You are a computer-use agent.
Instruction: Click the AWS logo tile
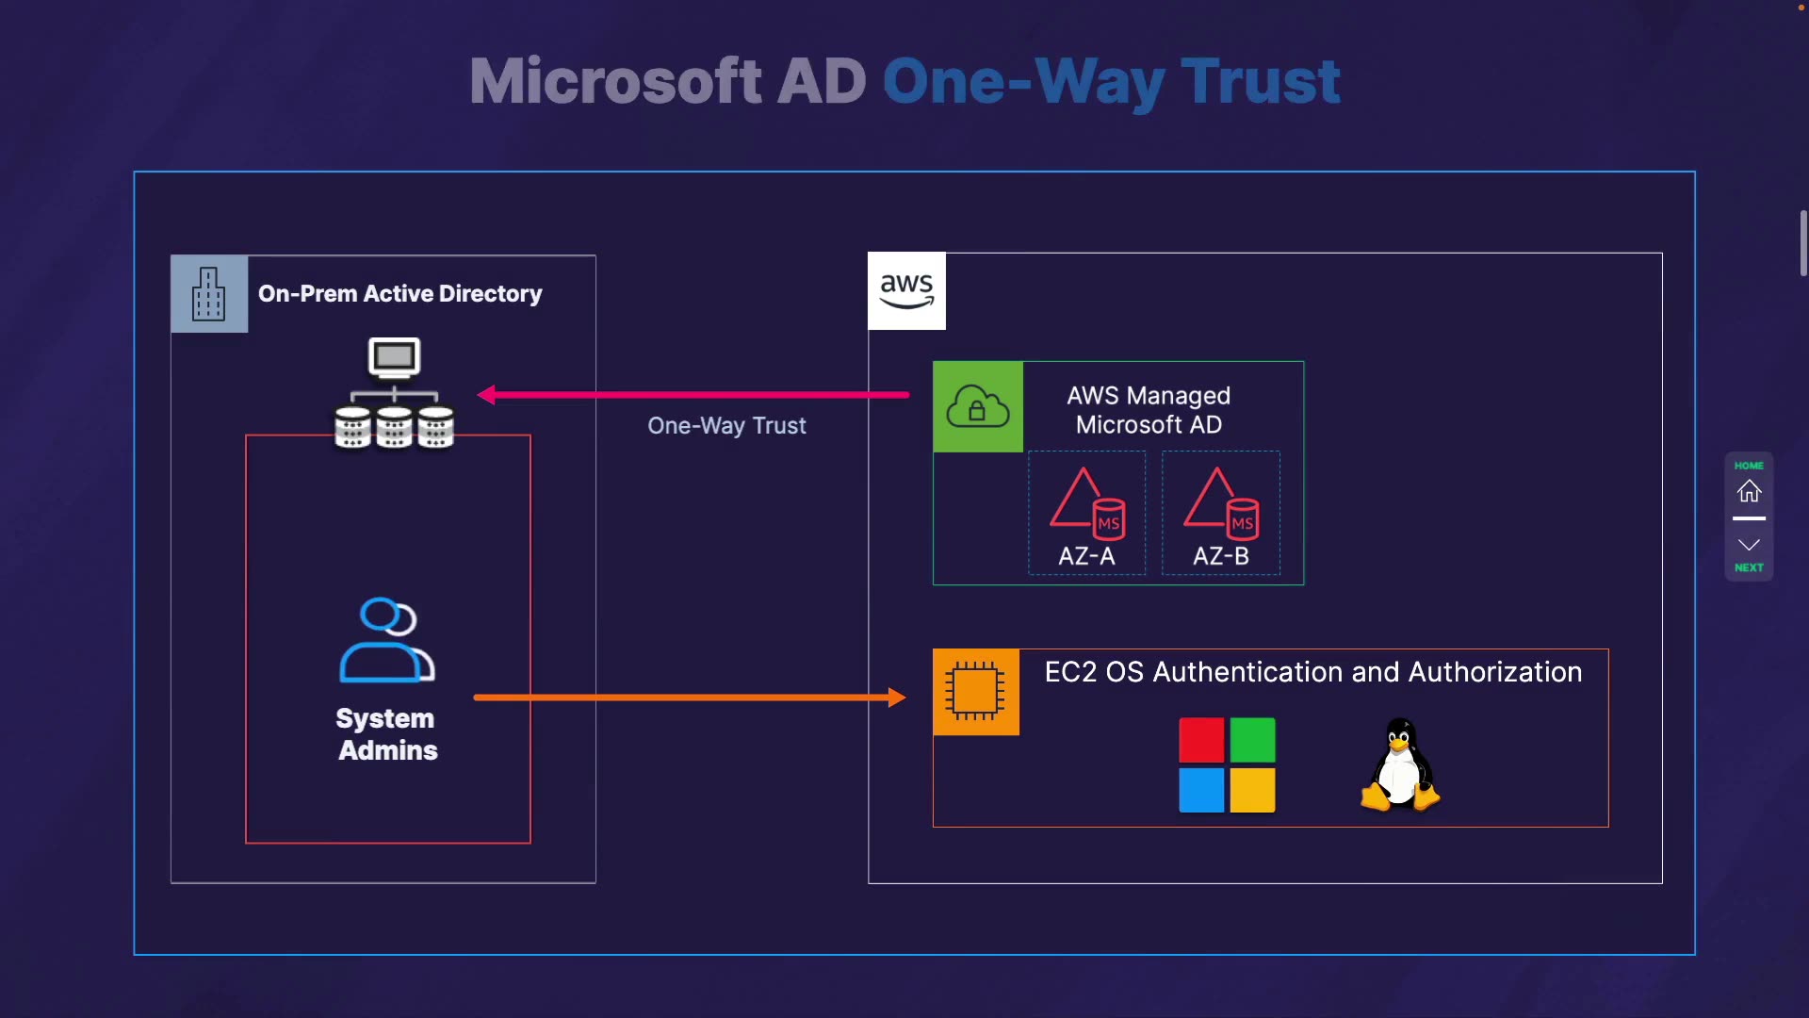click(x=906, y=291)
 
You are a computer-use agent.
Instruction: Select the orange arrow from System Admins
click(x=688, y=698)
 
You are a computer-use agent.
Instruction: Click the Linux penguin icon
click(x=1400, y=765)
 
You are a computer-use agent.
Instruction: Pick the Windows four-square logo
click(x=1227, y=765)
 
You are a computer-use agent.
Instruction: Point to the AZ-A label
click(x=1086, y=556)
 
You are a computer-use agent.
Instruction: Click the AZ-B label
click(x=1221, y=556)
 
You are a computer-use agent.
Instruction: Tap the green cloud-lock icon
click(x=978, y=407)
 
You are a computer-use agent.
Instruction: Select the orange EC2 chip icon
click(x=975, y=692)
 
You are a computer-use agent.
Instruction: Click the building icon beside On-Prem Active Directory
click(x=209, y=294)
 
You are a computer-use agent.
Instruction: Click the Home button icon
click(x=1749, y=491)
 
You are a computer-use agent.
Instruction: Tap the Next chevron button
click(x=1749, y=547)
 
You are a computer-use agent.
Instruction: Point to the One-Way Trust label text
click(x=726, y=426)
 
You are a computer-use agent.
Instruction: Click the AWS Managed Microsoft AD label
click(x=1149, y=410)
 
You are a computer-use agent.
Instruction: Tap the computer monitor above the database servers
click(x=394, y=357)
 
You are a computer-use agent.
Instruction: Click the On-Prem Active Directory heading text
click(x=399, y=294)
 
